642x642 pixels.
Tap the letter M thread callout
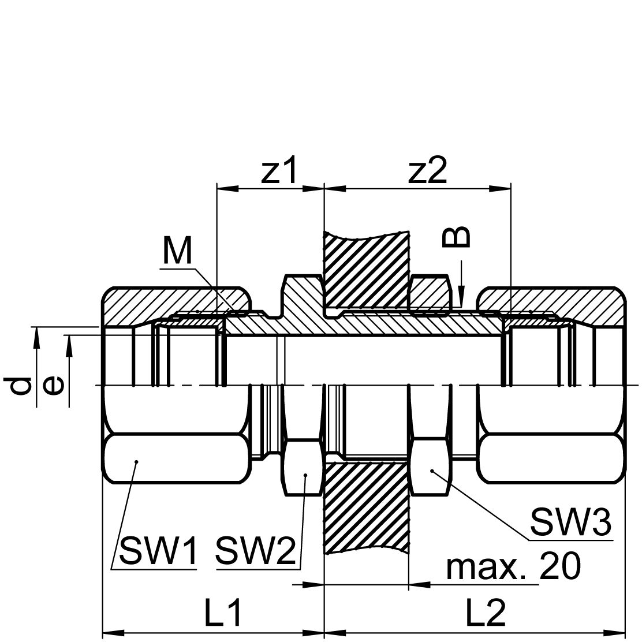point(177,251)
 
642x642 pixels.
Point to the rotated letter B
point(456,237)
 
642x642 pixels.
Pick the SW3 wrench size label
point(571,522)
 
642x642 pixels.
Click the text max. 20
point(513,566)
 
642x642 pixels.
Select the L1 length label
point(223,613)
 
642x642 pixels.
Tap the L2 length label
point(487,613)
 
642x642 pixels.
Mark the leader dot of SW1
point(137,462)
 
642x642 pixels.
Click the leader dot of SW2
point(305,475)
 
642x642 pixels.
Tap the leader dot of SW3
point(431,471)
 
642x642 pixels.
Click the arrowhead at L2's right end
point(615,633)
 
